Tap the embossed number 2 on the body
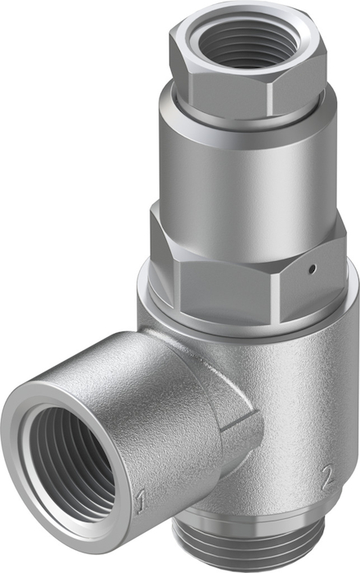[x=328, y=477]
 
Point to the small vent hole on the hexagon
[x=311, y=269]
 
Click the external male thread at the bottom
[x=252, y=548]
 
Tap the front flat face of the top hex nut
[x=230, y=88]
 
